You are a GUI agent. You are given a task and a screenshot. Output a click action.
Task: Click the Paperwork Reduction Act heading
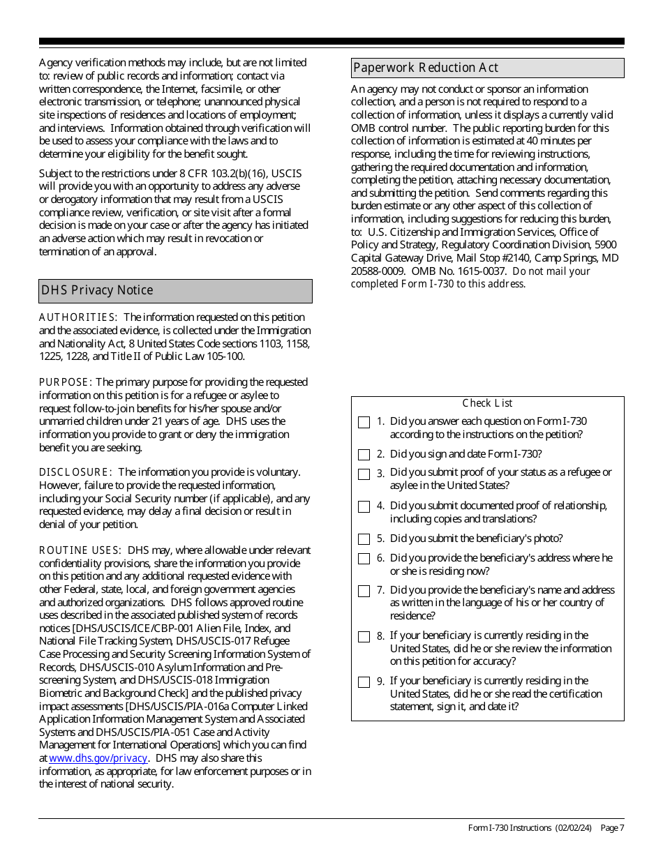(426, 68)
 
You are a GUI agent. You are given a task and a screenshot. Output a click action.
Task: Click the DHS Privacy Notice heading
(97, 290)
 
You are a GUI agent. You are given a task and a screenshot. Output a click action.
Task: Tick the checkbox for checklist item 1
(364, 422)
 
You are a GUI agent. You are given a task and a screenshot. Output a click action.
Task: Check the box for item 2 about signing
(364, 455)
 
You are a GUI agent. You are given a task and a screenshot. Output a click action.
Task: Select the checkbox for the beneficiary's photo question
(364, 539)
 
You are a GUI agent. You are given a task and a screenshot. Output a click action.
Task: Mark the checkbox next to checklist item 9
(364, 682)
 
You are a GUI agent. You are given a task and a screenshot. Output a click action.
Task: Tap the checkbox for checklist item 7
(364, 592)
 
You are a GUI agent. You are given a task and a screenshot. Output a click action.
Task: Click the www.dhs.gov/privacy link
(98, 758)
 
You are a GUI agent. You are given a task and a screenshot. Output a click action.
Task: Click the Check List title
(487, 403)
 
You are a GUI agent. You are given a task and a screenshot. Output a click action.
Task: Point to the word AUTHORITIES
(77, 317)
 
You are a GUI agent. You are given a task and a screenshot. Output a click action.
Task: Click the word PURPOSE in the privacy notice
(65, 382)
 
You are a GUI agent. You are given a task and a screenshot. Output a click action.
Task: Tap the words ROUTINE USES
(80, 550)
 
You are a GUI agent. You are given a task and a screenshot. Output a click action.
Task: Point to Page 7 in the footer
(612, 828)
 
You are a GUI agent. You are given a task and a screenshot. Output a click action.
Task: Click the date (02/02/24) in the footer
(574, 828)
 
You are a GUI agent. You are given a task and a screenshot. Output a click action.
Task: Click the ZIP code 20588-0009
(378, 271)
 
